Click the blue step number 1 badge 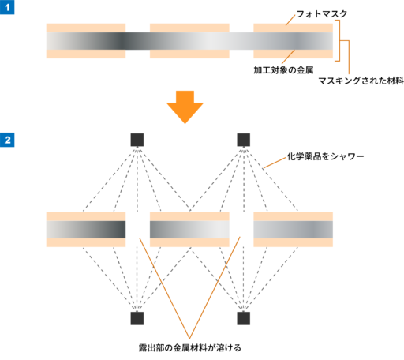7,7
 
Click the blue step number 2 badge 7,140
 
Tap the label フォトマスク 322,14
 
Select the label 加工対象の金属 283,70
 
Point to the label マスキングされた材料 361,81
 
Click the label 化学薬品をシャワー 325,156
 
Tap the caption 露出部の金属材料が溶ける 189,347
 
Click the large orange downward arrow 185,107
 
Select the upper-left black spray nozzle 137,140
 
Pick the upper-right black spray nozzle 244,140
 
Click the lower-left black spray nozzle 137,318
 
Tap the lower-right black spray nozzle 244,318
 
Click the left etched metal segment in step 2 86,230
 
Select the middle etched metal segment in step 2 189,230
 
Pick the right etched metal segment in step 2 294,230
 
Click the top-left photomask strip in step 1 86,28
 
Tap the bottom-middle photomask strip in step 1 189,54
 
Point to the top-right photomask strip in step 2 294,216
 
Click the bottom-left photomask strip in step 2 86,242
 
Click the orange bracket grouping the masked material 340,41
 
